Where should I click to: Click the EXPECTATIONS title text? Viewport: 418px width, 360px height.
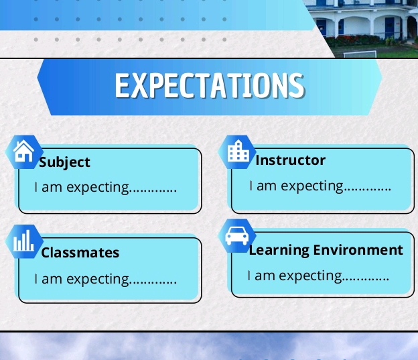click(209, 86)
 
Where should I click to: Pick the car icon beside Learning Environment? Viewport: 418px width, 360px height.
click(237, 235)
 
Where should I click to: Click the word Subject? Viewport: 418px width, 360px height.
click(64, 162)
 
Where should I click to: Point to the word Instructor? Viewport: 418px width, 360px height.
click(291, 160)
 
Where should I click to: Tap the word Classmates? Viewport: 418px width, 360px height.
click(80, 253)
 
